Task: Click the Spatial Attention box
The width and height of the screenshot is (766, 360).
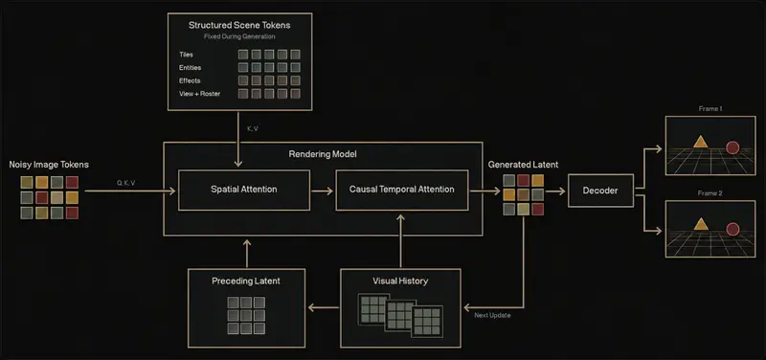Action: [244, 190]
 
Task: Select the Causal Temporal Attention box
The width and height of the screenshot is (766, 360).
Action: [401, 190]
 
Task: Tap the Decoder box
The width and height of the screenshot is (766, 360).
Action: [600, 191]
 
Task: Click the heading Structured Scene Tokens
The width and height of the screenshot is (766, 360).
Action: [239, 26]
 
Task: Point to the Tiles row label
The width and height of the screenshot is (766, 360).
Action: [186, 55]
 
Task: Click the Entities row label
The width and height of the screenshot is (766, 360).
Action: [190, 68]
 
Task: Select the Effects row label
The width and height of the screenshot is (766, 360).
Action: [190, 80]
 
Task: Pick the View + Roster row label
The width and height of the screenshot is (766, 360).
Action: [200, 94]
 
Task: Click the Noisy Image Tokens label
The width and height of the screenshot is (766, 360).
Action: [49, 165]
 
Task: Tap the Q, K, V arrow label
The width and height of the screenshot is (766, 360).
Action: [126, 183]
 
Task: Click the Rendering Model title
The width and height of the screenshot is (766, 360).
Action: [323, 154]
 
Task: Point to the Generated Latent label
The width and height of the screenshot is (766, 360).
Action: [523, 165]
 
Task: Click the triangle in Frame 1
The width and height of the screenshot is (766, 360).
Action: [701, 142]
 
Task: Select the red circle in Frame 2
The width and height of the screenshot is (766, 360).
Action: [732, 229]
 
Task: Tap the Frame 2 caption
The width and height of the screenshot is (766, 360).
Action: [710, 193]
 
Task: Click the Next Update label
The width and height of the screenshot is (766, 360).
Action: [492, 316]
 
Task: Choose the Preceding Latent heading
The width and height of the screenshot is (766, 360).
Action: [246, 281]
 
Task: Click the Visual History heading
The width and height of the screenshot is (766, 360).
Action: [400, 281]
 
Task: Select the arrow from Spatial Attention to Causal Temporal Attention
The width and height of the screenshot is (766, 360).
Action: [323, 191]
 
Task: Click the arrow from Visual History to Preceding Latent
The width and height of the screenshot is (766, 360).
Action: [324, 307]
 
